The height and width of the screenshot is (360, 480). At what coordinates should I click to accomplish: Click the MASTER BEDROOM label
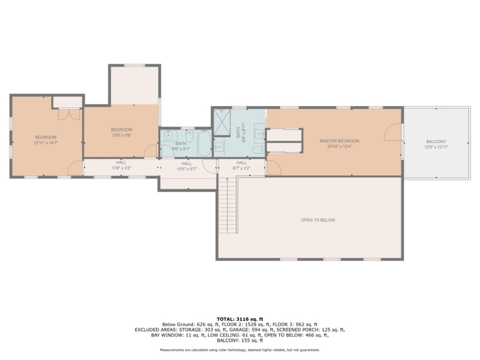(x=339, y=141)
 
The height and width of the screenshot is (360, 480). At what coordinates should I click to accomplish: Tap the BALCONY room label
(x=436, y=142)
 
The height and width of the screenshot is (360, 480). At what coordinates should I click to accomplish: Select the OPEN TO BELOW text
(x=318, y=220)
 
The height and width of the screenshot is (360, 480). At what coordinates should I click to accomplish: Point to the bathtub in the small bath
(x=204, y=143)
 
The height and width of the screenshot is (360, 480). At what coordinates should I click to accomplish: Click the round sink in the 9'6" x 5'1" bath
(x=168, y=135)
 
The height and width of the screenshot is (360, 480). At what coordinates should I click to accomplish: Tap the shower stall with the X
(x=222, y=122)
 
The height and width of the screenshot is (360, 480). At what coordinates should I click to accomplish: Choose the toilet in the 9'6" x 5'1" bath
(x=190, y=136)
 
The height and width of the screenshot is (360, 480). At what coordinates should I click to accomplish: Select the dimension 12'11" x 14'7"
(x=46, y=143)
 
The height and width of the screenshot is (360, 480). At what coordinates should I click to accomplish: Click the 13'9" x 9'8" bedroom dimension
(x=121, y=135)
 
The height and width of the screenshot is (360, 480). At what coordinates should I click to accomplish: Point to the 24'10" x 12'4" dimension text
(x=339, y=146)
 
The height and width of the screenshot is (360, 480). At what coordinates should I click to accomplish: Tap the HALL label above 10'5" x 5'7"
(x=186, y=164)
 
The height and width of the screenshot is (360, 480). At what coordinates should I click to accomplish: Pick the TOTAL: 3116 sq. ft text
(x=240, y=319)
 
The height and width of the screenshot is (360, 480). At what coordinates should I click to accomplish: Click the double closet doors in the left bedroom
(x=69, y=115)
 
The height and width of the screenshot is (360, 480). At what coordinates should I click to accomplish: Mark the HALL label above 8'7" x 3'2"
(x=241, y=163)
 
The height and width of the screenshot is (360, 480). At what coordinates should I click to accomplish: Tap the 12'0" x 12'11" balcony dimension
(x=436, y=147)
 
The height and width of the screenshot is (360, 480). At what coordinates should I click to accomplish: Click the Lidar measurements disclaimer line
(x=240, y=350)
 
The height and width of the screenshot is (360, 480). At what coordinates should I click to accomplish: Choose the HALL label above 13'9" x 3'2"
(x=121, y=163)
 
